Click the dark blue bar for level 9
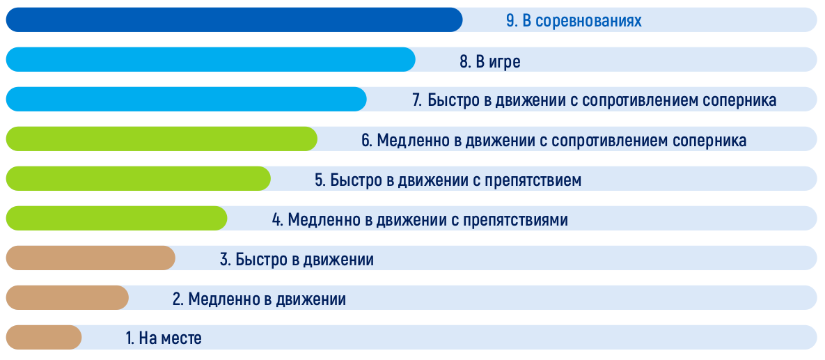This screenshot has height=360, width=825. [234, 20]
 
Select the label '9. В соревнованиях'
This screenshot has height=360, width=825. [574, 21]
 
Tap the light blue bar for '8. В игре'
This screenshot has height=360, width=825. [210, 59]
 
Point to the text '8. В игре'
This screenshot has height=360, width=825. [490, 61]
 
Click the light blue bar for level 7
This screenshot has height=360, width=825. [187, 99]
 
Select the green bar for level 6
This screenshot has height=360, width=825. [162, 139]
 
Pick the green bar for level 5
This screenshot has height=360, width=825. [139, 178]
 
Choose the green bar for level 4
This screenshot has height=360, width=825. [116, 218]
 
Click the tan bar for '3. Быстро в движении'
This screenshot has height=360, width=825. [91, 258]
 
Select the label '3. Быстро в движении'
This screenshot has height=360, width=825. [297, 260]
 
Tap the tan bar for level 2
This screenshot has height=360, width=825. [68, 297]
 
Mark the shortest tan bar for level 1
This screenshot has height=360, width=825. [44, 337]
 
